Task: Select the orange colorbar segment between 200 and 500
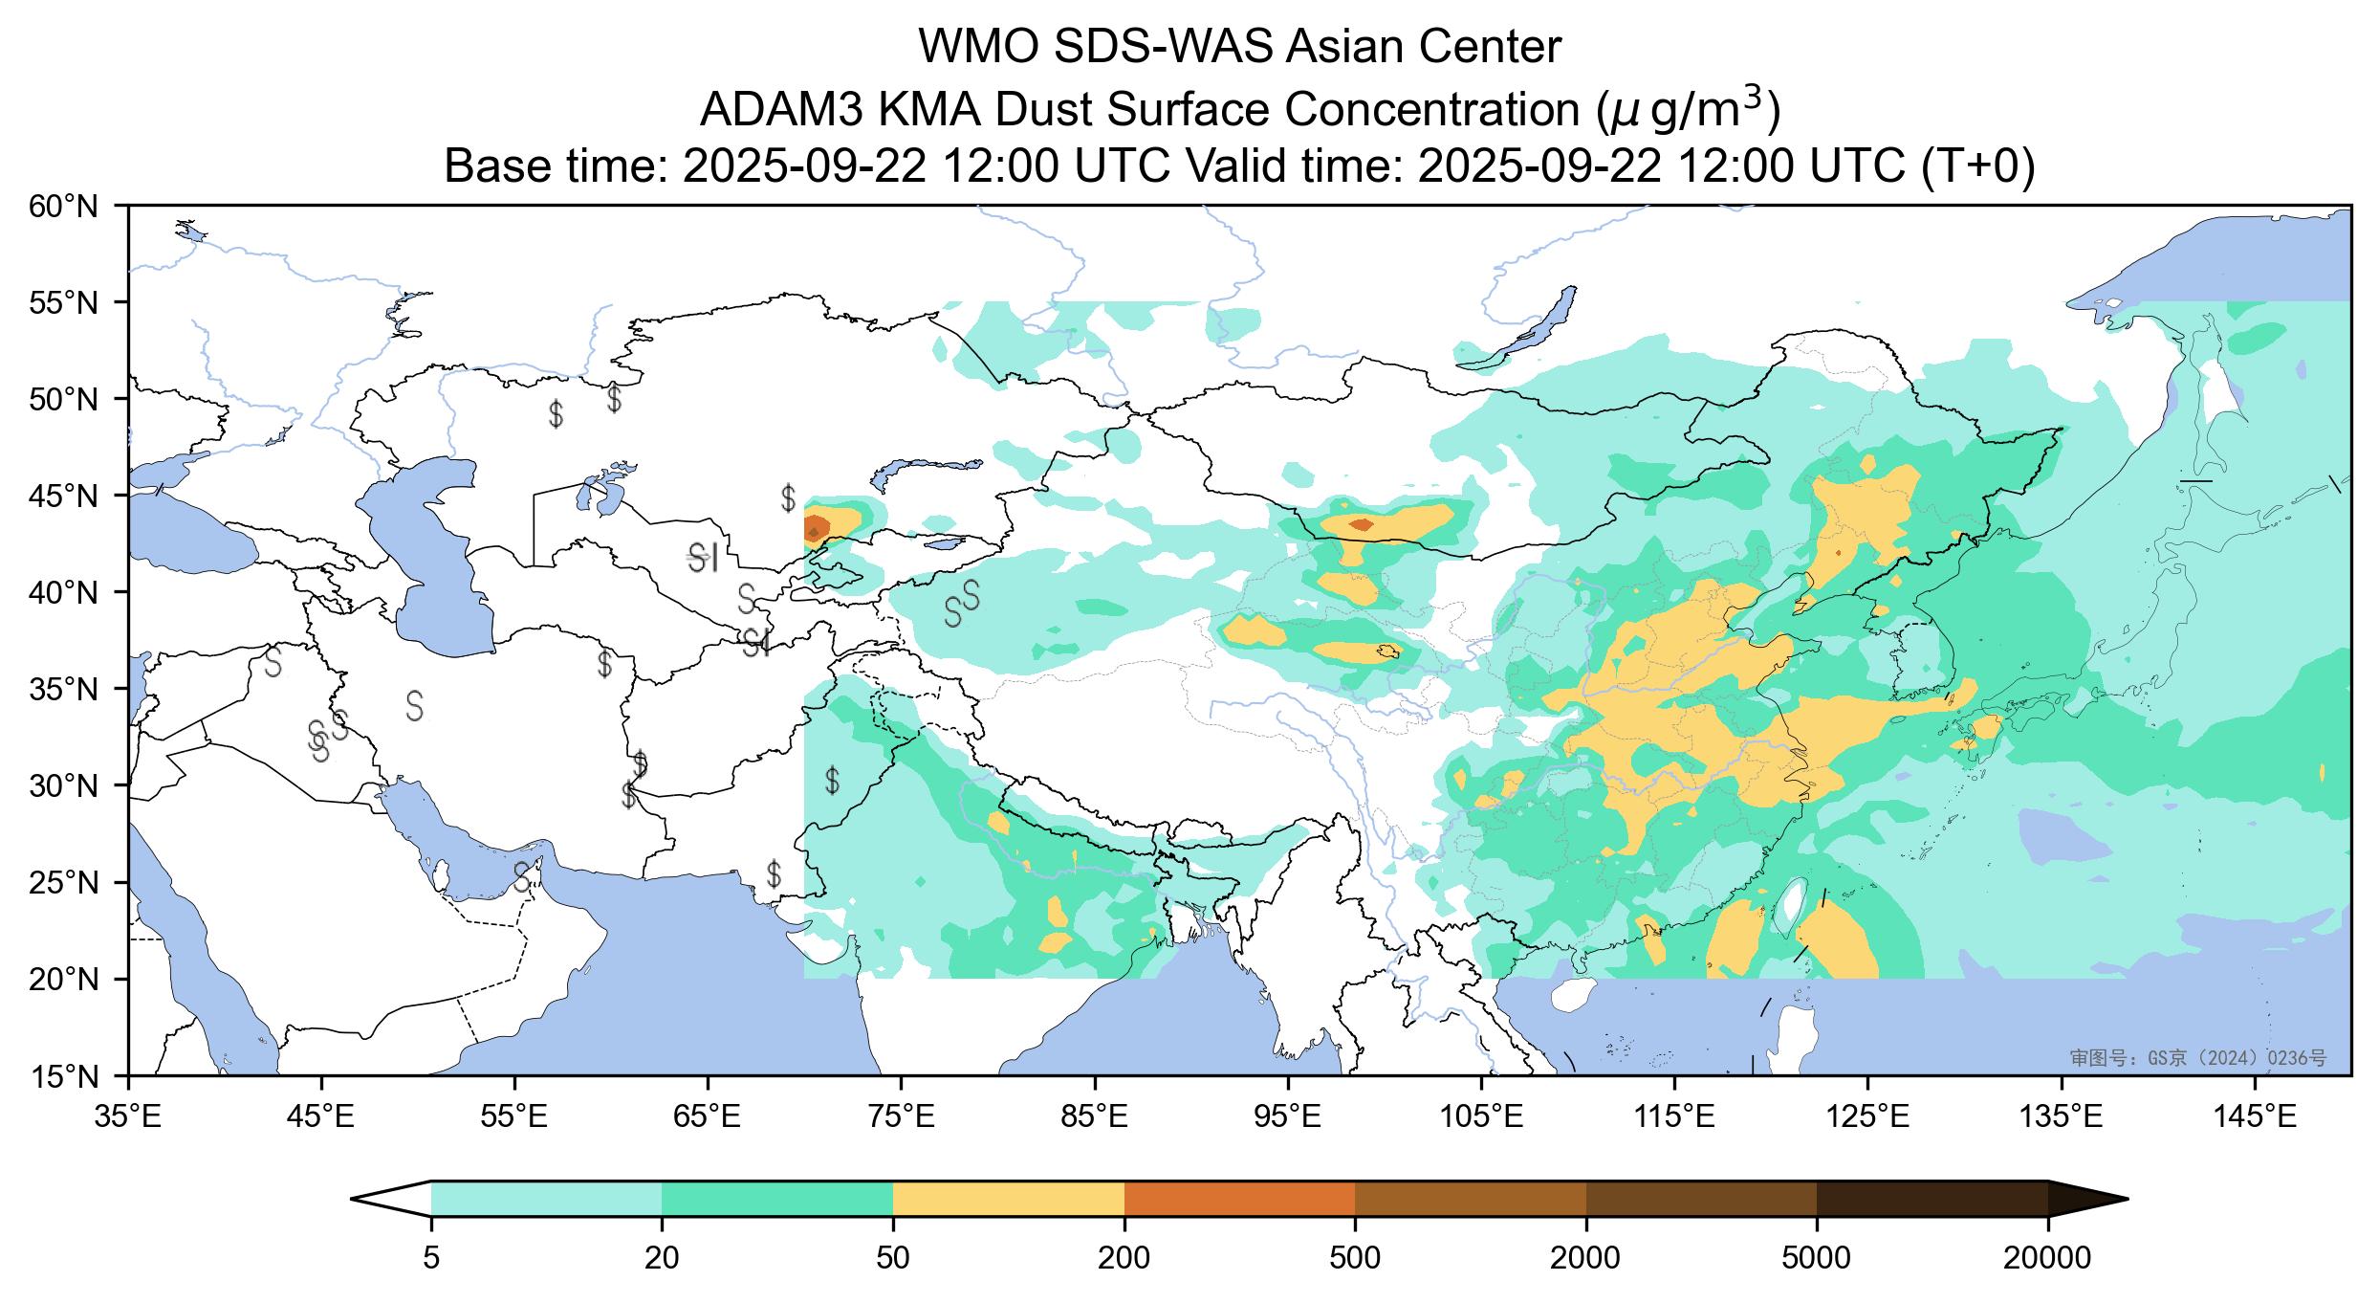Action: (1239, 1198)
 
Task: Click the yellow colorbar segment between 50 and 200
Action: (1008, 1198)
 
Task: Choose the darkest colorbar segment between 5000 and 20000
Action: (1932, 1198)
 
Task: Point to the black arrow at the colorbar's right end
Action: (2086, 1198)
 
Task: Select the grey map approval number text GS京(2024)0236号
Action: (2197, 1057)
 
